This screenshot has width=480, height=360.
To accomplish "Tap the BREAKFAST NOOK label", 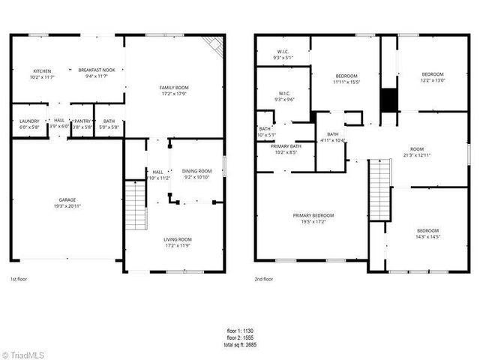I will pyautogui.click(x=97, y=70).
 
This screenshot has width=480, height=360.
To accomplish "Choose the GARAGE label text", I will pyautogui.click(x=67, y=199).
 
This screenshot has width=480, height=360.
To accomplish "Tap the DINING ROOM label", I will pyautogui.click(x=198, y=171).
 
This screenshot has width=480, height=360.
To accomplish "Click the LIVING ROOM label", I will pyautogui.click(x=178, y=239).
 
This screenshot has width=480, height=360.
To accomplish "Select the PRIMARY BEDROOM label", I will pyautogui.click(x=313, y=215).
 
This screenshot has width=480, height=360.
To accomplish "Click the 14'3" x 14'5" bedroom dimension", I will pyautogui.click(x=427, y=236).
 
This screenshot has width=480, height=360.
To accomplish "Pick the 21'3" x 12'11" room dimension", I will pyautogui.click(x=417, y=154).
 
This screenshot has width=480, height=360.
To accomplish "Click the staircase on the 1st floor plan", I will pyautogui.click(x=134, y=199).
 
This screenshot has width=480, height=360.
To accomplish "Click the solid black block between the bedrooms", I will pyautogui.click(x=389, y=100).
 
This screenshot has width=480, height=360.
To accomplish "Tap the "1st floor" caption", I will pyautogui.click(x=19, y=278).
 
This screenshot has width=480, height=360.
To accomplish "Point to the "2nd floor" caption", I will pyautogui.click(x=265, y=278).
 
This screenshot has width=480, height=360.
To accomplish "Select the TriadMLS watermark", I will pyautogui.click(x=25, y=353).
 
